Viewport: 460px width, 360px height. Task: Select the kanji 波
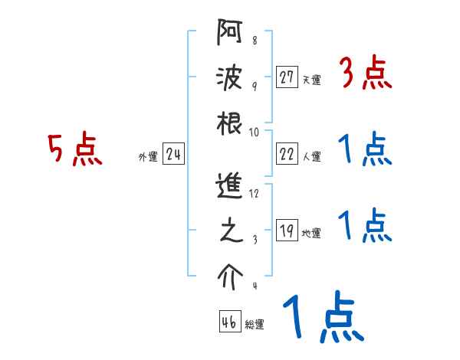tap(229, 80)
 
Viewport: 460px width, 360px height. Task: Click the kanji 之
tap(229, 232)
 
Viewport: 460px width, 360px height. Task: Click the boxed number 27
tap(287, 77)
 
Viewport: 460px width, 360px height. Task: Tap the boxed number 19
tap(287, 231)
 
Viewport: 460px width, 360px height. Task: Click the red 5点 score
tap(74, 149)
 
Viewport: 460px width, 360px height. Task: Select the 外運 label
tap(148, 157)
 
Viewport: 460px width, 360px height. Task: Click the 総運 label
tap(255, 325)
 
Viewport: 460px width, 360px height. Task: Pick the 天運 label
tap(311, 80)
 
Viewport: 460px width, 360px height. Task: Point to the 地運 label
tap(311, 234)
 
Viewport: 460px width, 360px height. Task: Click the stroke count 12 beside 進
tap(254, 194)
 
